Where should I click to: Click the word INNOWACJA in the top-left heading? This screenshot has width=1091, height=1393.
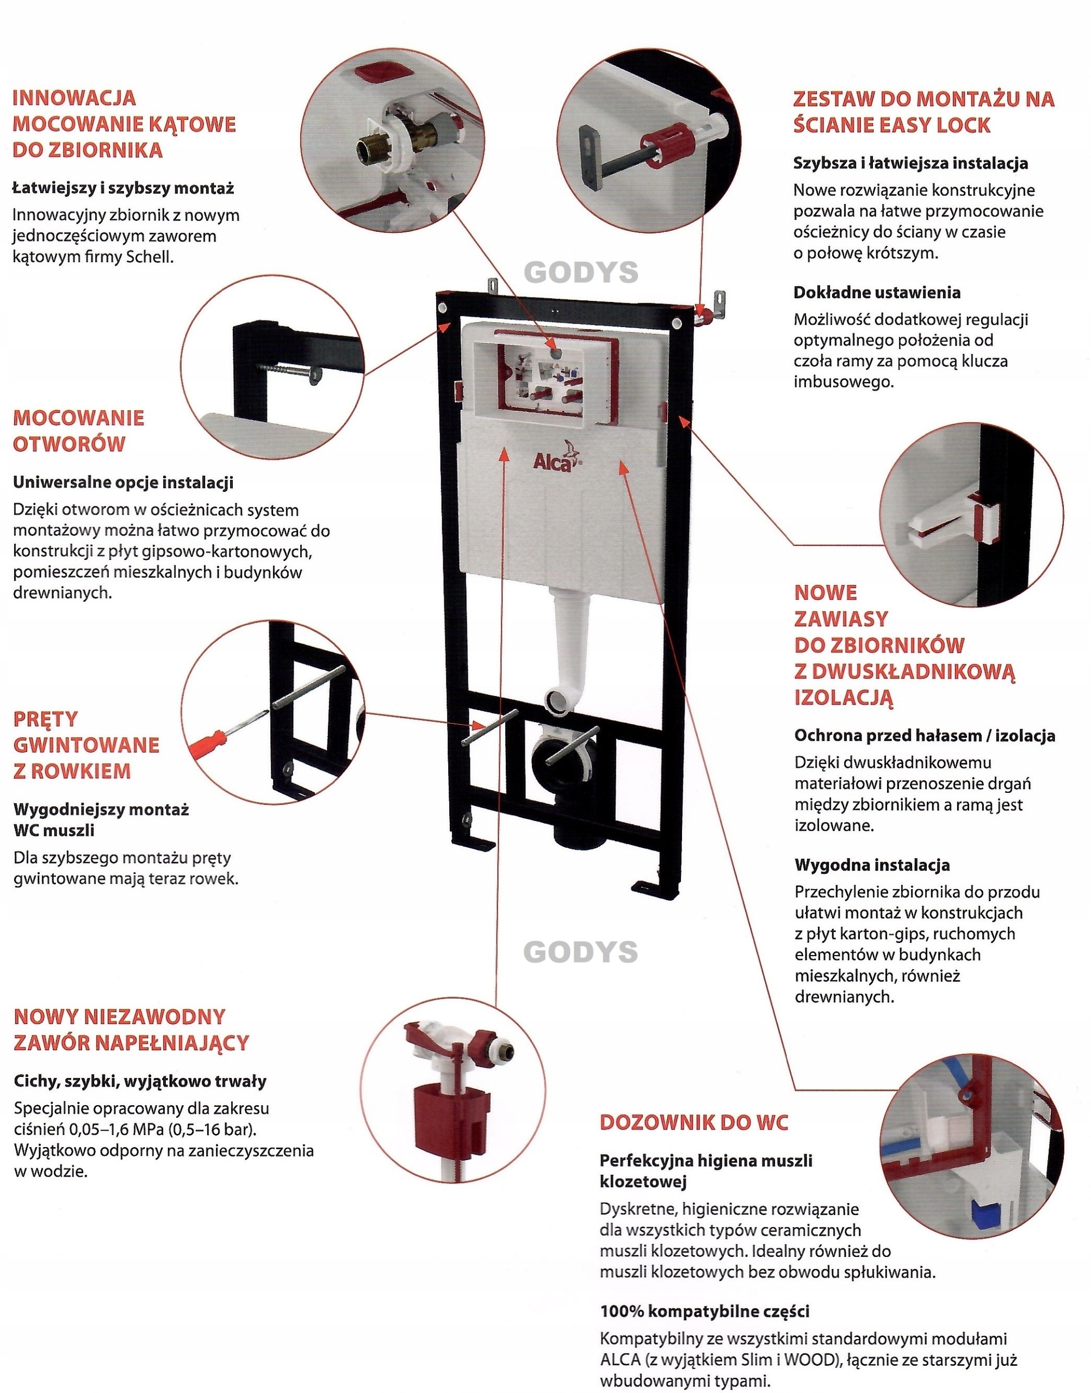click(74, 98)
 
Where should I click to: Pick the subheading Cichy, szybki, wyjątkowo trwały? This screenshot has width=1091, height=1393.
click(140, 1081)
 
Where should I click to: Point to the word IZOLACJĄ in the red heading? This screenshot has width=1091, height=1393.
click(842, 697)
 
